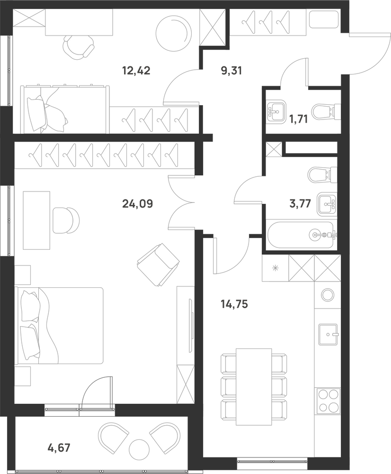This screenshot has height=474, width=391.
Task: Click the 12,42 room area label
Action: coord(136,71)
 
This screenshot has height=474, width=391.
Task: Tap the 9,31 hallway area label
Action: coord(231,71)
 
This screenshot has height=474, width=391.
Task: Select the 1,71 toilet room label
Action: coord(298,119)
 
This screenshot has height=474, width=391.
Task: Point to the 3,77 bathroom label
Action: coord(300,204)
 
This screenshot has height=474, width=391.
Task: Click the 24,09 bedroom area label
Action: coord(137,204)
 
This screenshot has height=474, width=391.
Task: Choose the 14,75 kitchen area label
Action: coord(234,304)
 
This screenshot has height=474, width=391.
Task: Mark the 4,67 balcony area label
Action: coord(59,447)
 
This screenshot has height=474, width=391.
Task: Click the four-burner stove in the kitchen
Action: coord(329,400)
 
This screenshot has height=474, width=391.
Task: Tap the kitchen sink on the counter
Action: coord(329,334)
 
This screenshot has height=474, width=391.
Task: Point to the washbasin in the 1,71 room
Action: coord(276,111)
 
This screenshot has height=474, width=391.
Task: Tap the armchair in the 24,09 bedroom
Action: coord(158,264)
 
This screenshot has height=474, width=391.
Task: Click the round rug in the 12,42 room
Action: coord(174,33)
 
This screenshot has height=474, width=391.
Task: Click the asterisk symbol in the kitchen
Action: coord(275,267)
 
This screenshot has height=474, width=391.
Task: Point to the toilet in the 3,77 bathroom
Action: coord(323,175)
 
